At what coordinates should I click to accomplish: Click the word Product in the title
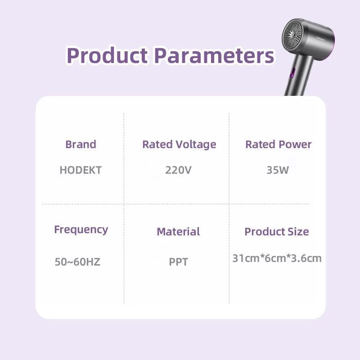click(107, 56)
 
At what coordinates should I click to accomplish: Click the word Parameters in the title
click(214, 56)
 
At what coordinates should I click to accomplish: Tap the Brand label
click(81, 144)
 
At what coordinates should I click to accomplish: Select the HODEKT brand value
click(81, 170)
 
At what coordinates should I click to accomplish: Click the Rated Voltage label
click(179, 144)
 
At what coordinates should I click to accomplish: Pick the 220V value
click(179, 170)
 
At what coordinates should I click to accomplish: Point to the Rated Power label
click(278, 144)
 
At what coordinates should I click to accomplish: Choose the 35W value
click(278, 170)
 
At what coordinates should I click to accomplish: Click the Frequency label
click(81, 229)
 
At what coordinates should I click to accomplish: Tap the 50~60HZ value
click(77, 262)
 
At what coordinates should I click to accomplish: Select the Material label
click(178, 232)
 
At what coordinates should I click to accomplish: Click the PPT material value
click(178, 262)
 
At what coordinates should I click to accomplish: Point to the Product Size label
click(277, 232)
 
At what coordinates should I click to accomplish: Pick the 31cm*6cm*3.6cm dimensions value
click(277, 258)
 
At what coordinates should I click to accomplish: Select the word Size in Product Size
click(298, 232)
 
